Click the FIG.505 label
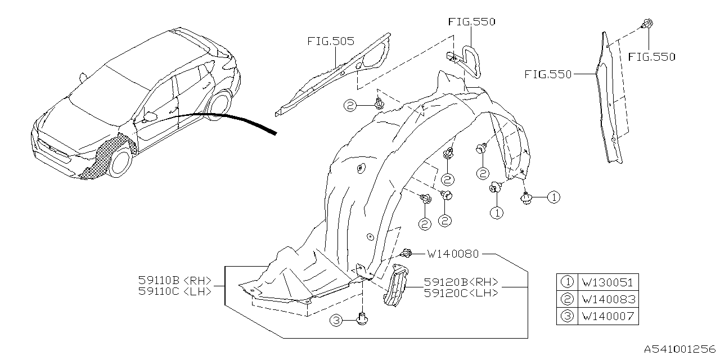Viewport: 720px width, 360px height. coord(331,42)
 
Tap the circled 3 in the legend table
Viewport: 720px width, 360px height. coord(566,317)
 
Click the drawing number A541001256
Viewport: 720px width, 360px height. coord(679,349)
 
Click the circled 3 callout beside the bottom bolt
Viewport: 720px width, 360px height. coord(336,321)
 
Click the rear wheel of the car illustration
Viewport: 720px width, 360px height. coord(219,105)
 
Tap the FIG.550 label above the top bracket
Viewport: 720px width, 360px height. coord(471,22)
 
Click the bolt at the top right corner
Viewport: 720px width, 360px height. coord(647,24)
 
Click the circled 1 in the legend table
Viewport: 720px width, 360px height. coord(566,283)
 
